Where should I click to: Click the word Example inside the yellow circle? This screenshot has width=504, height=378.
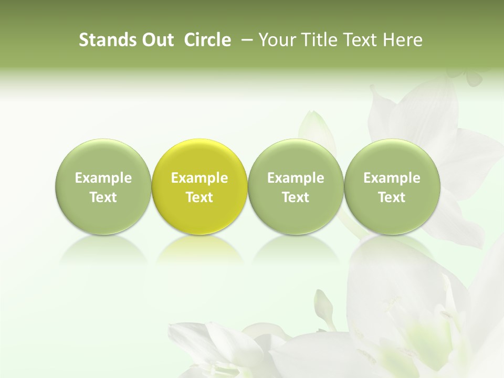[x=199, y=178]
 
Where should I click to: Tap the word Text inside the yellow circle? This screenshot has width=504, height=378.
[x=199, y=197]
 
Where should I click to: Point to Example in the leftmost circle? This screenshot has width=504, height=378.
[x=103, y=178]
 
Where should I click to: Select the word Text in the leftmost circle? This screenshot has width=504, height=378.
[x=103, y=197]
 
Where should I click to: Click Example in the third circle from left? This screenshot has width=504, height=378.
[x=296, y=178]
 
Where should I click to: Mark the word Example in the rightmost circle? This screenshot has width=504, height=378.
[x=392, y=178]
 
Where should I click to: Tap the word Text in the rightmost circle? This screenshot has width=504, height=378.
[x=392, y=197]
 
